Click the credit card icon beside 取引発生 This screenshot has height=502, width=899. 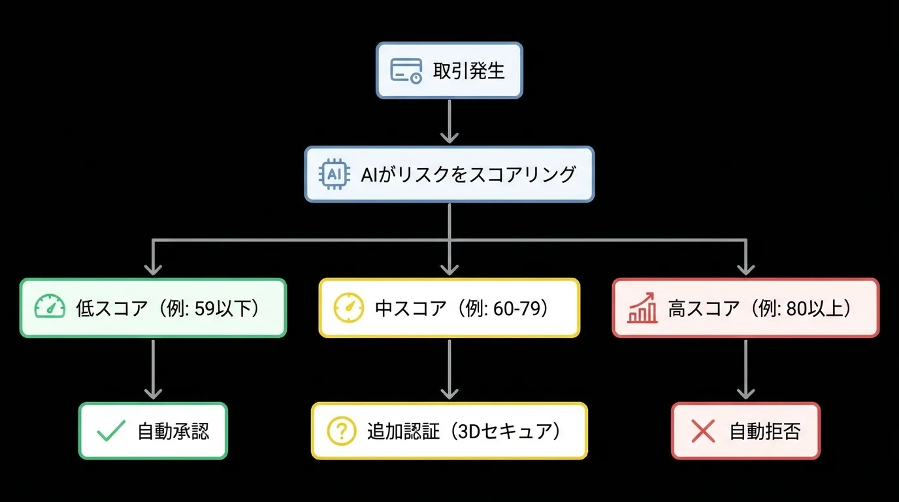click(x=406, y=70)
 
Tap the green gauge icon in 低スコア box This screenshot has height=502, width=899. click(x=50, y=307)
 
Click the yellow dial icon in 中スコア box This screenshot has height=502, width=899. click(x=349, y=307)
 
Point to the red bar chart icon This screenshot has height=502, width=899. click(x=642, y=308)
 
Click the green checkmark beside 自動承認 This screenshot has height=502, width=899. click(x=110, y=431)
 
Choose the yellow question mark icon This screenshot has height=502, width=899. click(x=341, y=431)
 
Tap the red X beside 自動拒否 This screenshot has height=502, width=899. click(x=702, y=431)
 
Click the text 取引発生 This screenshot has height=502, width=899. click(x=469, y=71)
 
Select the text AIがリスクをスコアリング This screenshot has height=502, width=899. click(x=468, y=174)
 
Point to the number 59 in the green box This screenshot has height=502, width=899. click(x=205, y=308)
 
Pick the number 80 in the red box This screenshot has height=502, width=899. click(x=798, y=308)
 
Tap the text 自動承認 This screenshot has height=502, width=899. click(x=173, y=431)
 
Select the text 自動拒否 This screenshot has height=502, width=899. click(x=764, y=431)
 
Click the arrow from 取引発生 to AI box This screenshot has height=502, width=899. click(x=449, y=121)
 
